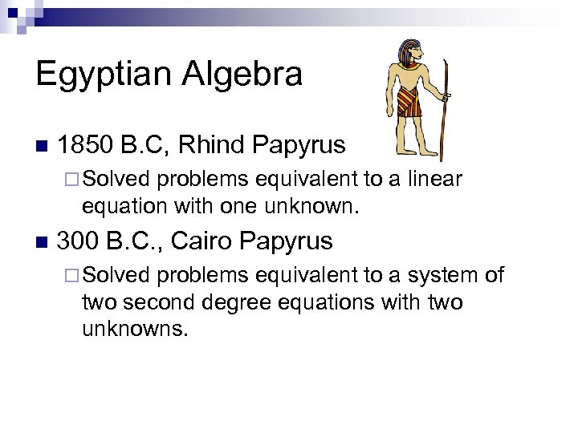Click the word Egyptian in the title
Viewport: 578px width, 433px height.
[104, 75]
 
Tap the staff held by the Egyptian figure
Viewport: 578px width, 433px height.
[446, 104]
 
